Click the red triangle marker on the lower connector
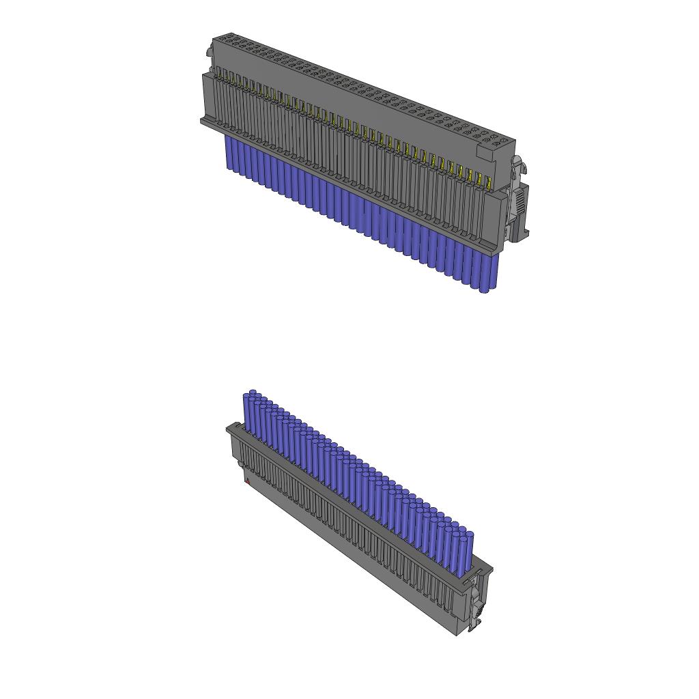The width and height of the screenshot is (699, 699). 247,482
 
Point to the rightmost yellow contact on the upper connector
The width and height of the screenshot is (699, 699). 488,182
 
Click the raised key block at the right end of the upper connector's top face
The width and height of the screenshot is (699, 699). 497,143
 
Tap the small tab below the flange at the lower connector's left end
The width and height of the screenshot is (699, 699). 240,465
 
